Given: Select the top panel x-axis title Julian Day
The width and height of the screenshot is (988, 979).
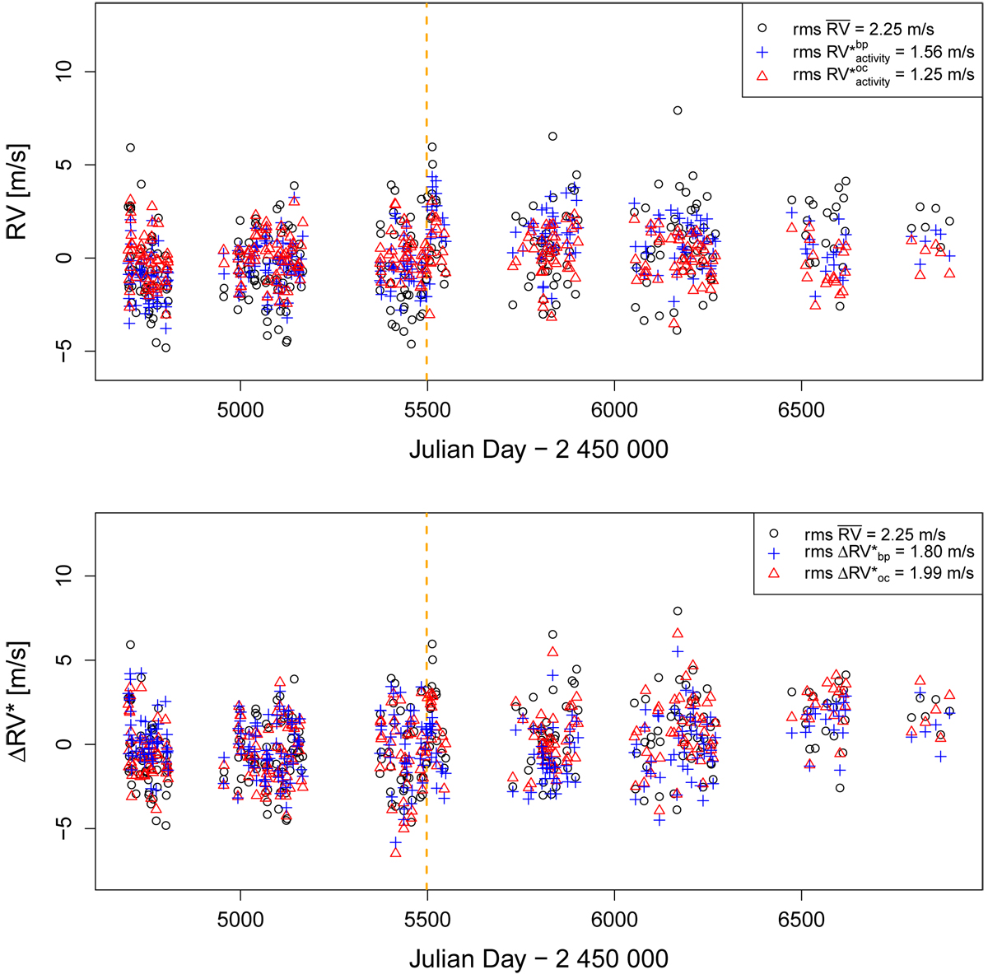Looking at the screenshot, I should click(538, 450).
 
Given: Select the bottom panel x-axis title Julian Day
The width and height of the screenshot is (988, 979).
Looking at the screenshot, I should click(538, 958).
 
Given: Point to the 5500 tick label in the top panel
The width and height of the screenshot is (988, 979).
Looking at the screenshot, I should click(426, 410).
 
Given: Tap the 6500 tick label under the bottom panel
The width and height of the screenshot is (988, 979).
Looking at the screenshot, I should click(801, 919).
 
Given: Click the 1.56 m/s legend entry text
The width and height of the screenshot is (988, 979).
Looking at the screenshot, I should click(883, 53).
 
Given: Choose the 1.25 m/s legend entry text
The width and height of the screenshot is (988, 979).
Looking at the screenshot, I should click(883, 75).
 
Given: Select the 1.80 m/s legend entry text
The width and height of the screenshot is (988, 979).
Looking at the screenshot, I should click(889, 552).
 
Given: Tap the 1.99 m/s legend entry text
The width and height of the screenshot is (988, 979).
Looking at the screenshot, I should click(889, 572).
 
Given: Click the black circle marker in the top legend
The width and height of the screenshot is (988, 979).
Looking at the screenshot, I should click(762, 30).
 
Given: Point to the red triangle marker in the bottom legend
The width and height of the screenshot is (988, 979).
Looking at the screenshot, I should click(774, 572).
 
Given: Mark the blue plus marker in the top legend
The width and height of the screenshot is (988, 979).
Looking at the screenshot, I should click(762, 53).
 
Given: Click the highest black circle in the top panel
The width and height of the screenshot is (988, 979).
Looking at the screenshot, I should click(678, 110).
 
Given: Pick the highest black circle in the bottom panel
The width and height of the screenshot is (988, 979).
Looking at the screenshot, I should click(678, 611).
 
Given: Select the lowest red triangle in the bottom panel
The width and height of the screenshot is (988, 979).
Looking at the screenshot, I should click(395, 852).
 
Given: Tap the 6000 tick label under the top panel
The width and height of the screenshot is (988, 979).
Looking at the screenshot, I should click(614, 410).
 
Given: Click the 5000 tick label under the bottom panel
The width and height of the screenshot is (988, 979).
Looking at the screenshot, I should click(240, 919).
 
